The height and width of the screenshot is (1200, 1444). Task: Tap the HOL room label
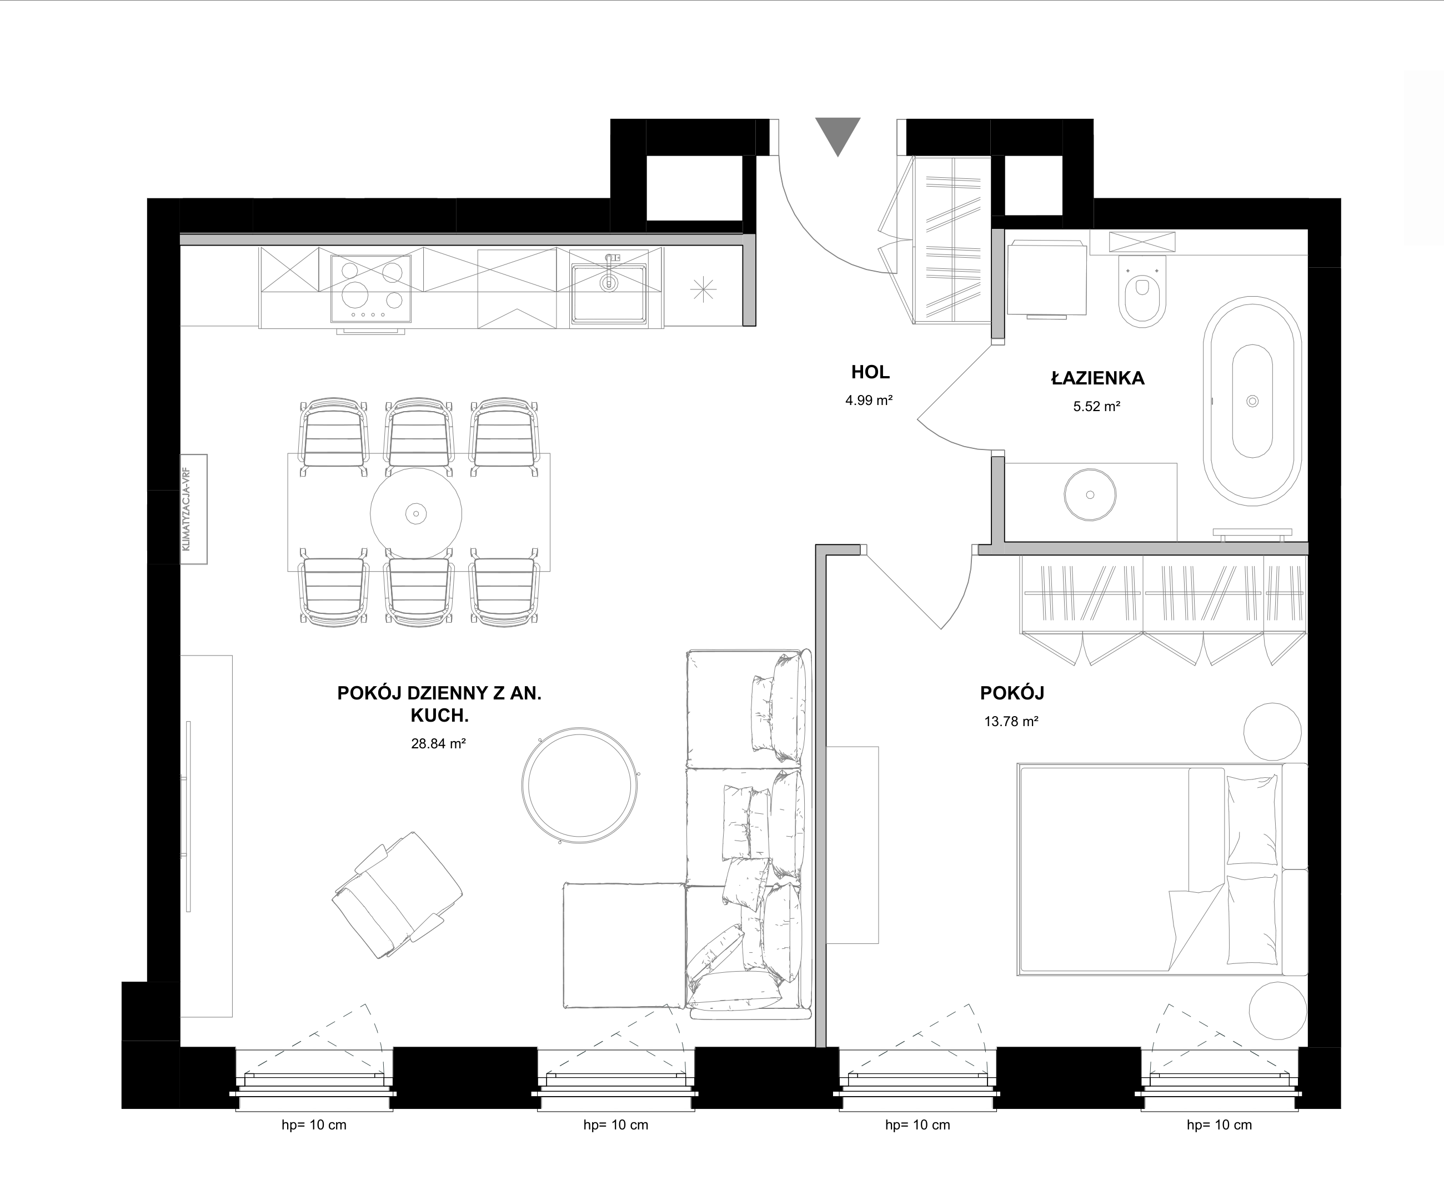click(x=870, y=372)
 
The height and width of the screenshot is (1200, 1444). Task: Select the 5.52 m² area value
click(x=1097, y=407)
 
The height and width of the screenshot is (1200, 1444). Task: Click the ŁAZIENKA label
click(x=1097, y=378)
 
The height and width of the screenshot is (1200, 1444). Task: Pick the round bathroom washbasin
click(x=1090, y=494)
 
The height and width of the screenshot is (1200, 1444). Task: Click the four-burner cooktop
click(x=372, y=289)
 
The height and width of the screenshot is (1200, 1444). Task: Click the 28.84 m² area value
click(x=439, y=743)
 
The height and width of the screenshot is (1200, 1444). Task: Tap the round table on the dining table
click(x=416, y=513)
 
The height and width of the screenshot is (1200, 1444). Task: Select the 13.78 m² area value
click(x=1011, y=721)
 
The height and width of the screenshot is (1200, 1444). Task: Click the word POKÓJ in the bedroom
click(x=1012, y=693)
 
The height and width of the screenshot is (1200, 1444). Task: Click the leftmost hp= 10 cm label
click(x=314, y=1125)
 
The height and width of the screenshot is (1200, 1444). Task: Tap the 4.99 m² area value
click(x=869, y=400)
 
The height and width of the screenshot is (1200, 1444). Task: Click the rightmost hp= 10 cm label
click(x=1219, y=1125)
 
